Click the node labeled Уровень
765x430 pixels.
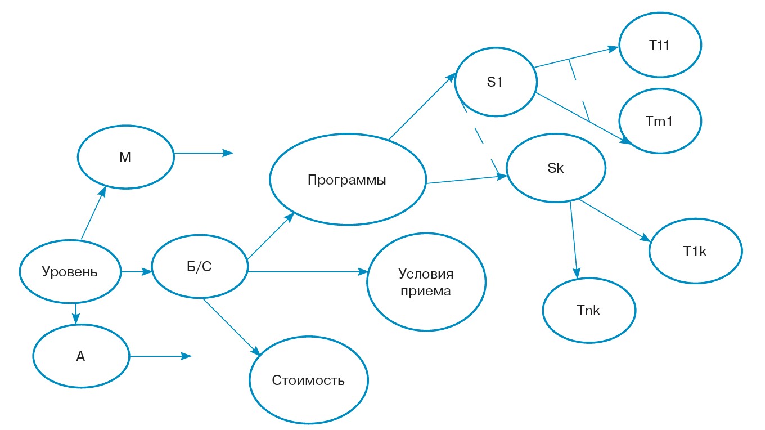[x=70, y=272]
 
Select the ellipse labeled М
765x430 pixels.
[x=125, y=158]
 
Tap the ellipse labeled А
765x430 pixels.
[x=81, y=356]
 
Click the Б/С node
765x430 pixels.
[x=200, y=267]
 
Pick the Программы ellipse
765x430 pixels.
[x=347, y=181]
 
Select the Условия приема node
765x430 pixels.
[x=426, y=282]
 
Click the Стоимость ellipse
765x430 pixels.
[x=309, y=380]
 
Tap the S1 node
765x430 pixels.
[x=495, y=82]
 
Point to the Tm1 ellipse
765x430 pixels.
[x=660, y=121]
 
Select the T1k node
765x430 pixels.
[x=695, y=252]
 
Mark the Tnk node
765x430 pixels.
[x=589, y=310]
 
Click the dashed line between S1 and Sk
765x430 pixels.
[x=479, y=135]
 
